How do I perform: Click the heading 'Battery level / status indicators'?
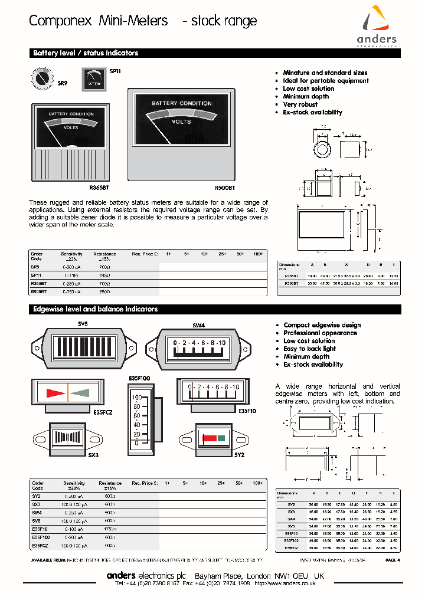[86, 53]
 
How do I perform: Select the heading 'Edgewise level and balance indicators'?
[95, 309]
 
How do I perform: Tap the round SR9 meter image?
[42, 78]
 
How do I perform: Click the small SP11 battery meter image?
[93, 80]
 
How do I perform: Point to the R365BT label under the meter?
[99, 188]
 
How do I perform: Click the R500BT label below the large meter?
[224, 188]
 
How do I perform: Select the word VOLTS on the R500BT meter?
[181, 122]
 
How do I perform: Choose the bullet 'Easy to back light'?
[309, 349]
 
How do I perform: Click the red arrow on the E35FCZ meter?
[57, 392]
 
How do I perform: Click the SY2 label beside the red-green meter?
[239, 456]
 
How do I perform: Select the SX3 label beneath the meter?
[93, 456]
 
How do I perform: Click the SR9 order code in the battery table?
[35, 267]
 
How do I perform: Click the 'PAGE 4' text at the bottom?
[393, 559]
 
